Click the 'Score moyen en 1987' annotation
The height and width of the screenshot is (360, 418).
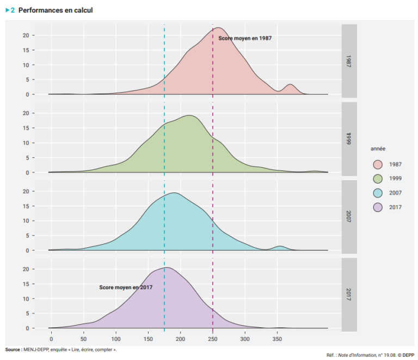[x=245, y=38]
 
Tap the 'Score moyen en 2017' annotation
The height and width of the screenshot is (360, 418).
[x=126, y=287]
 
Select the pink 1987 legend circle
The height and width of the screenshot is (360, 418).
[x=378, y=164]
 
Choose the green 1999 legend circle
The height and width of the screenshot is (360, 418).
[x=378, y=179]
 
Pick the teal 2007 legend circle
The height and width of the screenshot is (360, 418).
[x=378, y=193]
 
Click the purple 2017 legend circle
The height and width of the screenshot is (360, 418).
[x=378, y=207]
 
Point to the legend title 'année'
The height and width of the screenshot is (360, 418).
[x=379, y=149]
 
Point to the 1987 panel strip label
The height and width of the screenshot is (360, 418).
[x=349, y=60]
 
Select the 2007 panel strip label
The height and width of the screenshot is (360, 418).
[x=349, y=216]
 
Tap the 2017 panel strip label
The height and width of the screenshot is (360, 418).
[x=349, y=295]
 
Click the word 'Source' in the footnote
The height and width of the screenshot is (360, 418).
[x=14, y=349]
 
